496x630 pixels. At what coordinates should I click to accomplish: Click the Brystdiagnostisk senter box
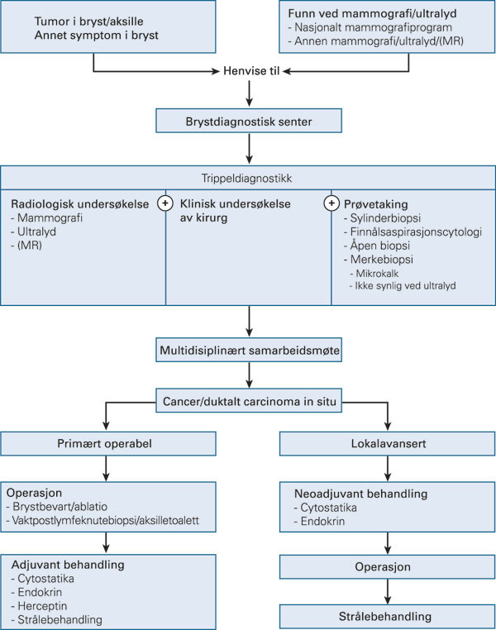249,123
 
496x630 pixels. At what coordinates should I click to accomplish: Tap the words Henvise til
249,71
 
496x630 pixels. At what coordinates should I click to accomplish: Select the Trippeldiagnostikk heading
249,177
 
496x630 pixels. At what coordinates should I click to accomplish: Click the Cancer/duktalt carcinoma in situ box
249,403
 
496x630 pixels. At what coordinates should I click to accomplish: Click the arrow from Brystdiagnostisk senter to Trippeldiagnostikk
249,150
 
